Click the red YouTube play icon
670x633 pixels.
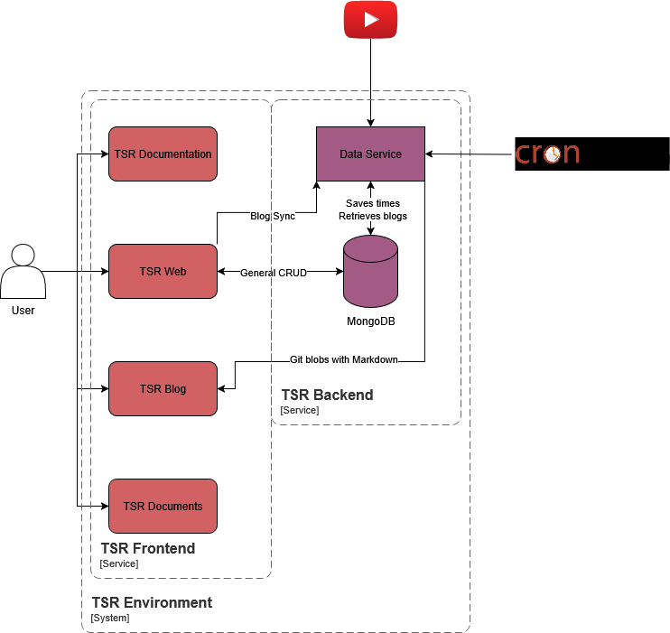[x=370, y=20]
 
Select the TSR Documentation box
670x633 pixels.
[x=163, y=154]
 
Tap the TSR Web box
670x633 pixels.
[x=163, y=271]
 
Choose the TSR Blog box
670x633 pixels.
[x=163, y=388]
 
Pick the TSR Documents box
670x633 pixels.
[x=163, y=506]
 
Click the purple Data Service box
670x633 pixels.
[x=370, y=154]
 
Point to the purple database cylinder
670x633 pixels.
[x=370, y=271]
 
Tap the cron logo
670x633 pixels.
[x=547, y=154]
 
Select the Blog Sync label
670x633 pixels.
[x=273, y=217]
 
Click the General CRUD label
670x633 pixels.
[x=274, y=273]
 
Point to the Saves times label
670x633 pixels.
[x=373, y=204]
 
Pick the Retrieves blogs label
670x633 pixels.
[x=373, y=216]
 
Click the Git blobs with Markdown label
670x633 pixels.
[x=344, y=359]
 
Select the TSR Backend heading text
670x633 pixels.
[x=327, y=396]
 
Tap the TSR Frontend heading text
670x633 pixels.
[x=148, y=548]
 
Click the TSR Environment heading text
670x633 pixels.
[x=152, y=602]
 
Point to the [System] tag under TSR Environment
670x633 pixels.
[x=110, y=619]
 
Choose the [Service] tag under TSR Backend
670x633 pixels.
[x=300, y=410]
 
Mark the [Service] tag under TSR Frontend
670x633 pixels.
[x=119, y=563]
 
